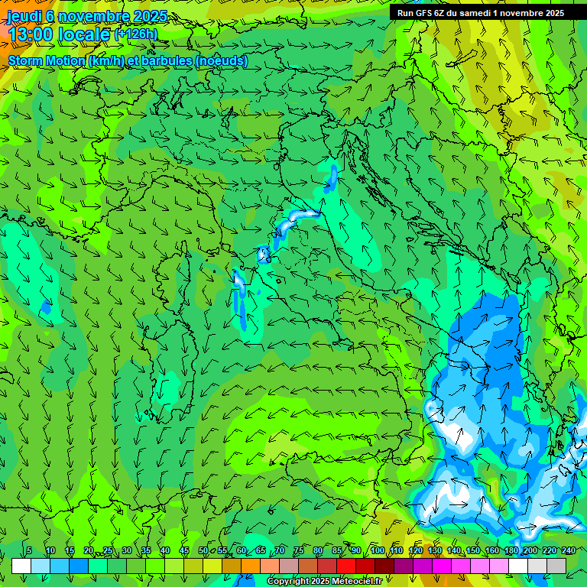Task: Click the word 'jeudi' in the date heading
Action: click(x=24, y=16)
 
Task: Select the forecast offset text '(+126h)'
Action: click(x=136, y=34)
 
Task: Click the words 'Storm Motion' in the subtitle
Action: click(x=45, y=61)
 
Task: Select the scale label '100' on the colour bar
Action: click(x=377, y=550)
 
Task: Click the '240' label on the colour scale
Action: click(x=568, y=550)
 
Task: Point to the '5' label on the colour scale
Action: click(x=29, y=550)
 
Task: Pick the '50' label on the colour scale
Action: click(x=203, y=550)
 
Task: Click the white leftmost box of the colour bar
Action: click(x=21, y=566)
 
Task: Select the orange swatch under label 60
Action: click(x=251, y=566)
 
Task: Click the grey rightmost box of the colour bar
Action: click(x=556, y=566)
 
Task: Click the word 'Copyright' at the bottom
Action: click(x=288, y=582)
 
